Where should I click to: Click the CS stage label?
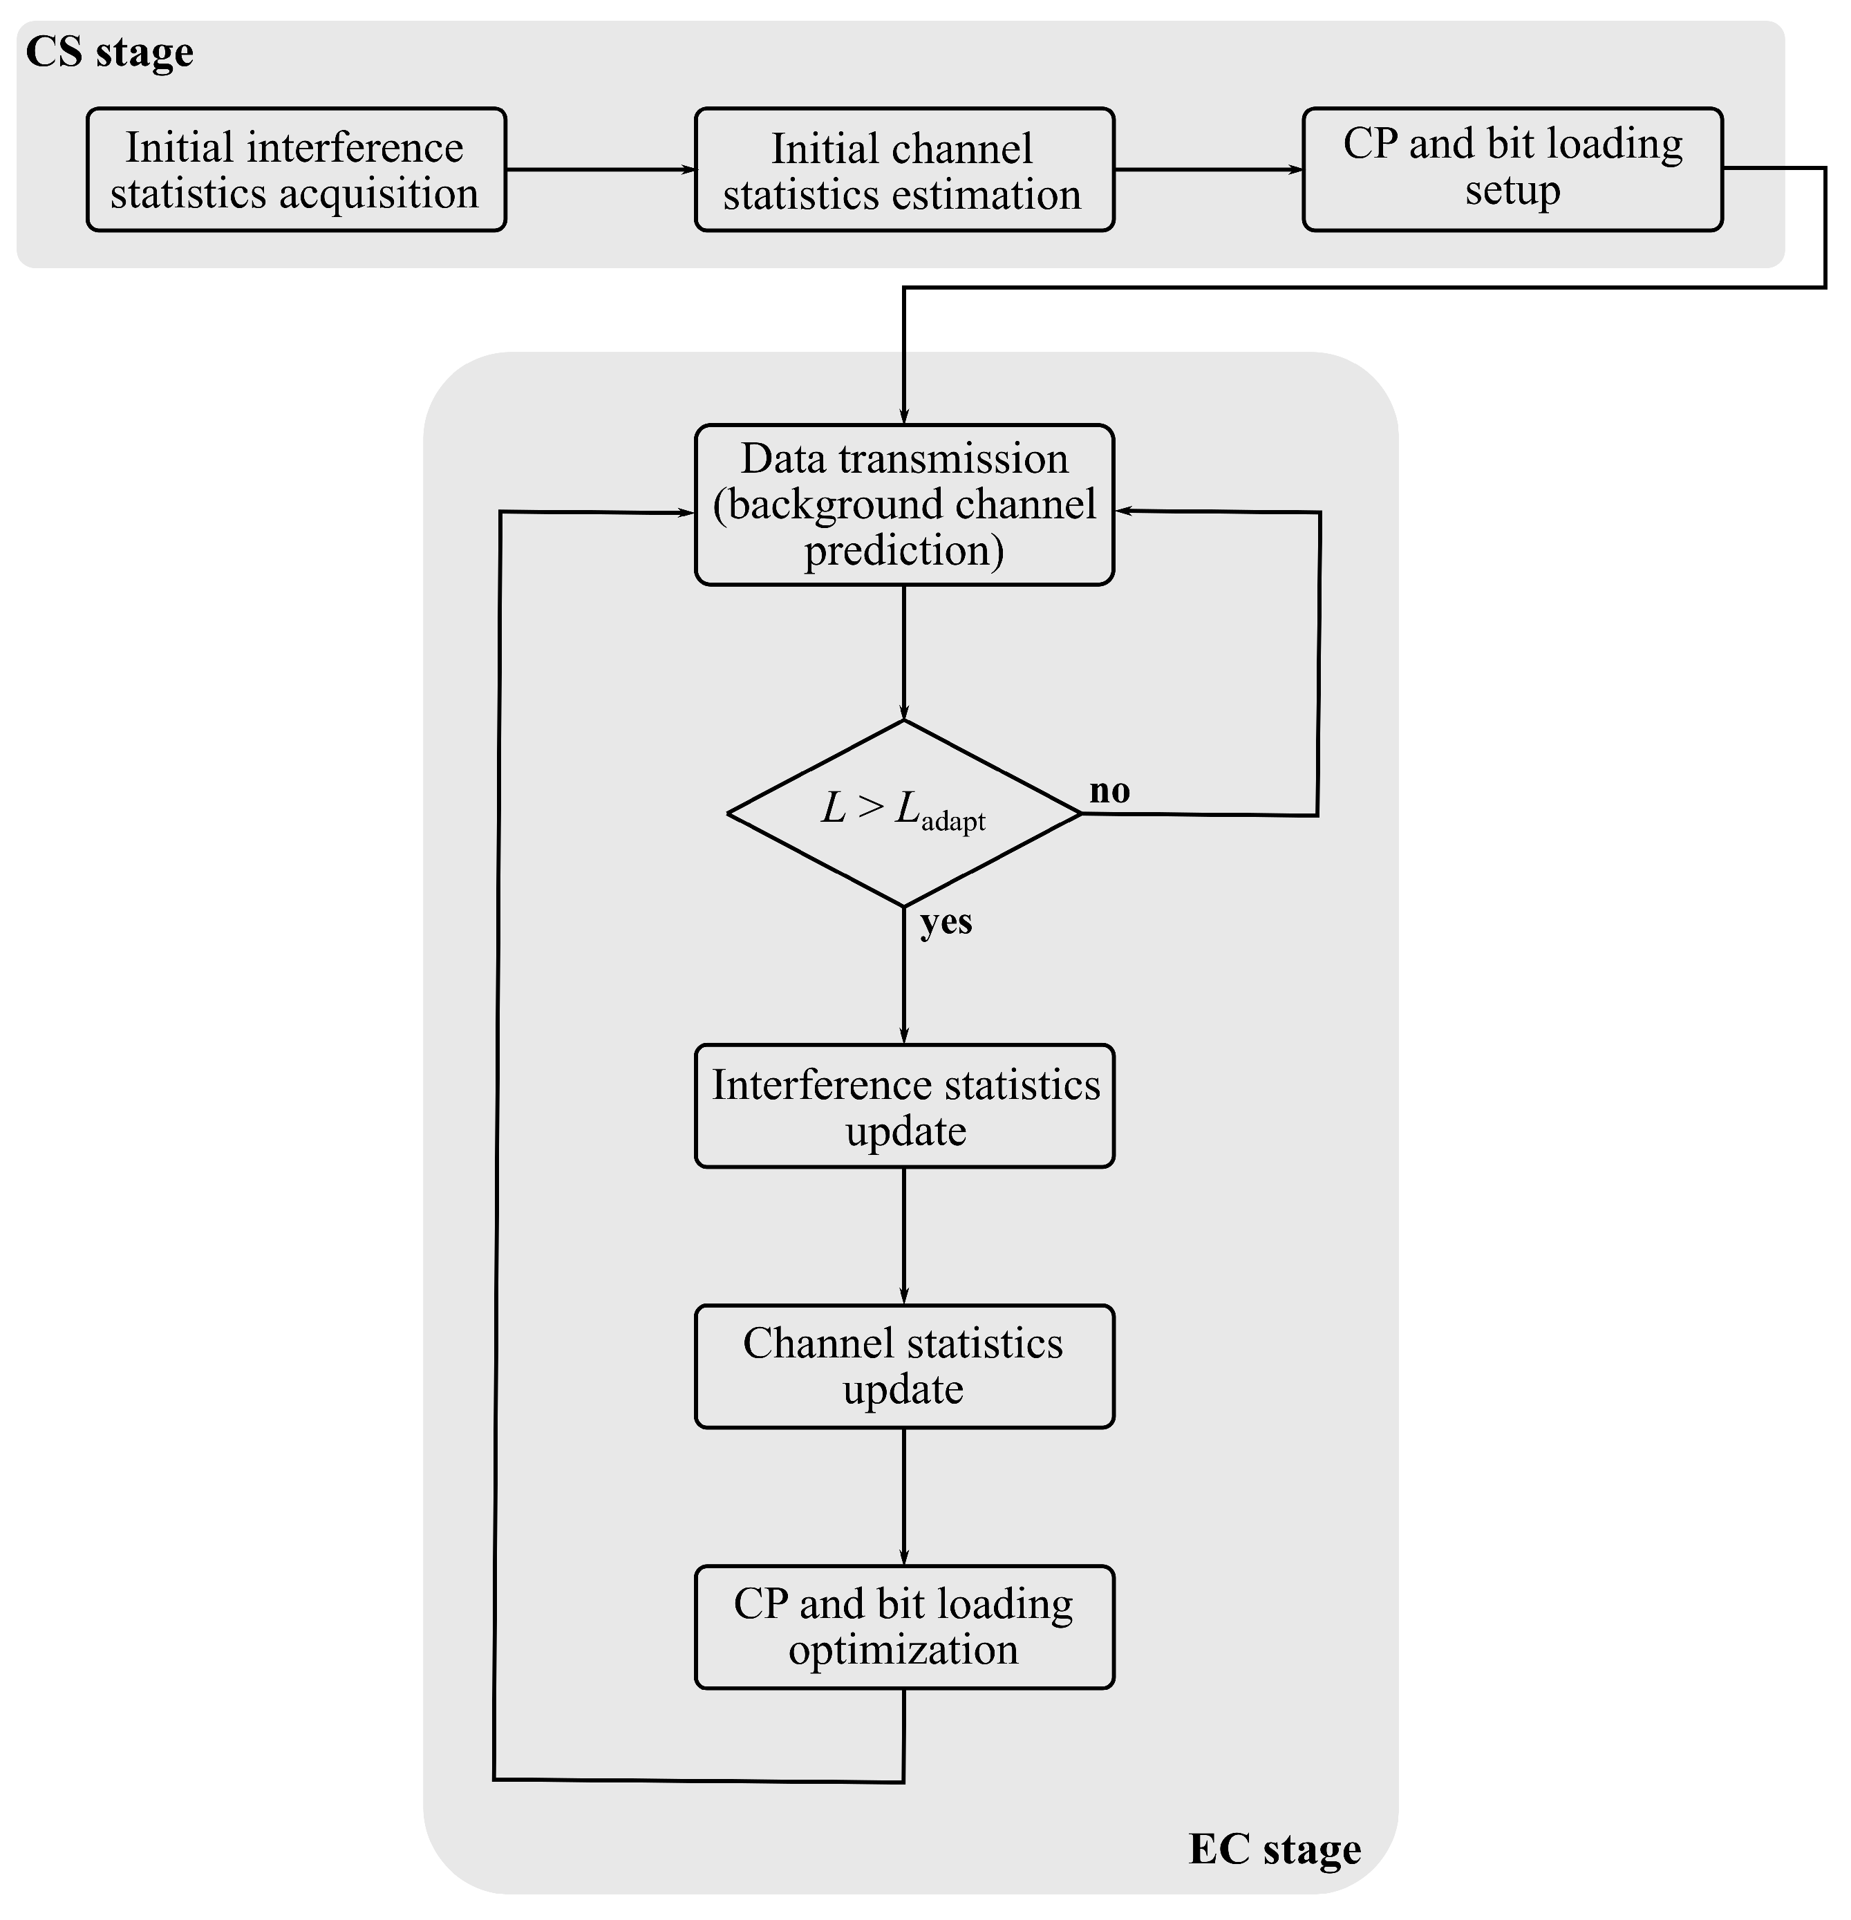(109, 52)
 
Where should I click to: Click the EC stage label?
(1274, 1850)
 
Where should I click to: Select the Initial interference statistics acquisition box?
(296, 169)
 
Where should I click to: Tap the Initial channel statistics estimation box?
(903, 169)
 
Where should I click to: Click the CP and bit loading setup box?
(1511, 169)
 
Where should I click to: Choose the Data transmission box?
(903, 505)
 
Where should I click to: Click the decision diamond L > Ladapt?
(903, 813)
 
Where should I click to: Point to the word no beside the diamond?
(1109, 791)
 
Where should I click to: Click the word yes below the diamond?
(946, 922)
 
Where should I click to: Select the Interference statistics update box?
(903, 1106)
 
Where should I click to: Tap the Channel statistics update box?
(903, 1366)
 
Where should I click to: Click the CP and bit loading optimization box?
(903, 1626)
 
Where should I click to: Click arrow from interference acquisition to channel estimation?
(600, 169)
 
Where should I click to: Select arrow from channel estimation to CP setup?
(1208, 169)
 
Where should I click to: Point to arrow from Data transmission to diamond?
(903, 652)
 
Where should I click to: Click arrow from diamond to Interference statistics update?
(903, 979)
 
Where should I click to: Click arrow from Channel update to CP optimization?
(903, 1495)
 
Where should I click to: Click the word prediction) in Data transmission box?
(903, 552)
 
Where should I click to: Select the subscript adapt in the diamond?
(952, 821)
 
